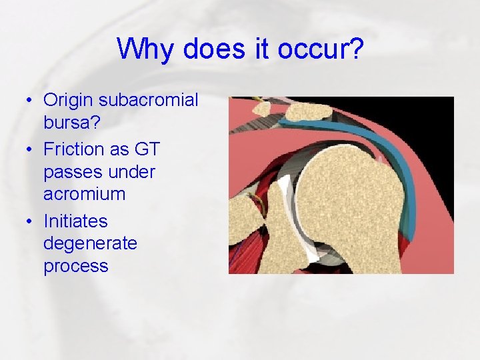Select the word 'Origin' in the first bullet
68,100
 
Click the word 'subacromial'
148,100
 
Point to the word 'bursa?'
70,124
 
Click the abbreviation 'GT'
147,149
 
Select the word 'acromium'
85,195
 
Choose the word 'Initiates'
75,221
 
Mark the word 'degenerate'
90,243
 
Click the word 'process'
75,266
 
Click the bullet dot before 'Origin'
31,101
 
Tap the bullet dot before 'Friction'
31,149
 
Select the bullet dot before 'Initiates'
31,221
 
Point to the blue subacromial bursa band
400,160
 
